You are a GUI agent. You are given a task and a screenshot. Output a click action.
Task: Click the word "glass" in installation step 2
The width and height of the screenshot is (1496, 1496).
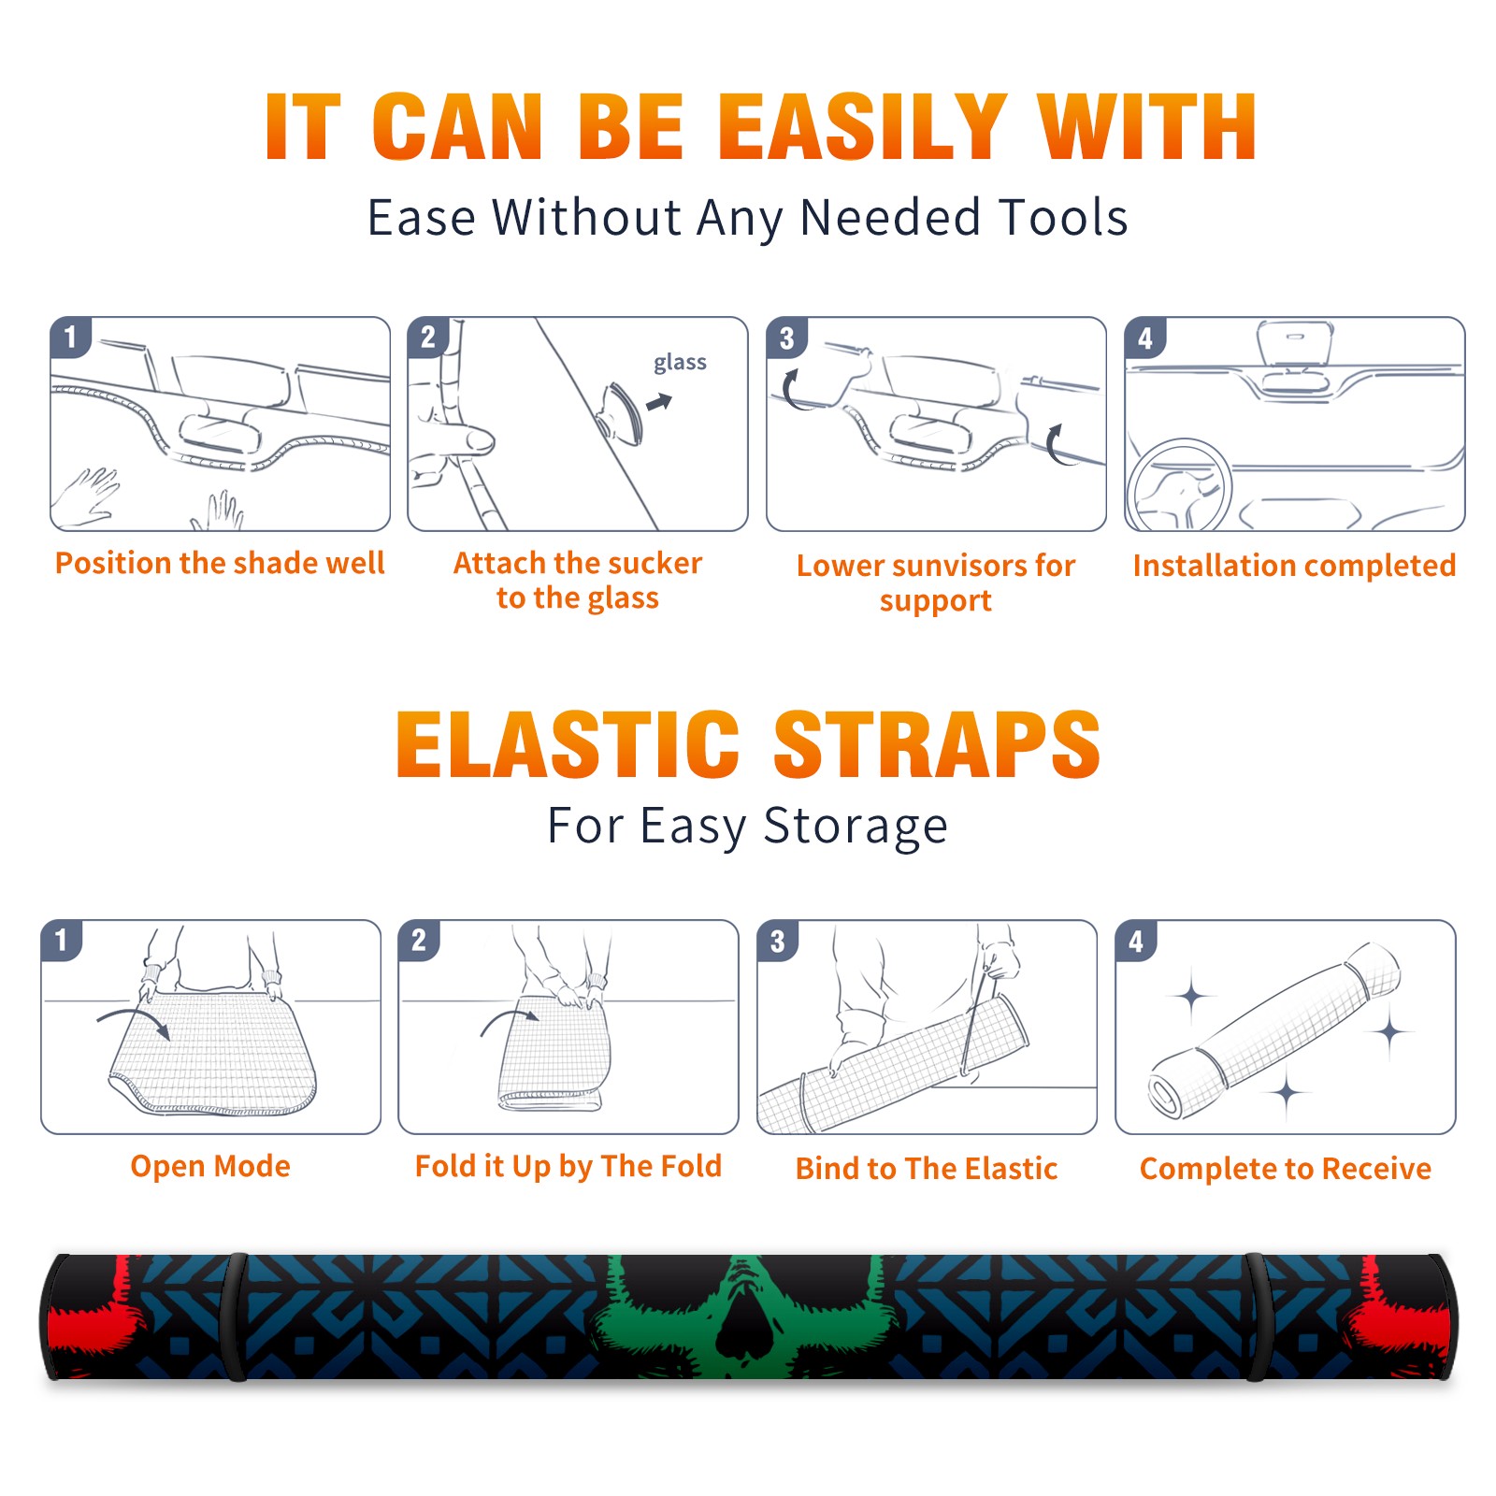pos(680,363)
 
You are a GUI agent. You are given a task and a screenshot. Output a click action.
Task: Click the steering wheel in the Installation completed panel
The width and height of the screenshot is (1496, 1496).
pos(1179,486)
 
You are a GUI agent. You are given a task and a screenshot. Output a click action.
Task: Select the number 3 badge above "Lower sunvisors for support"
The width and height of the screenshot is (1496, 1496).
pos(786,338)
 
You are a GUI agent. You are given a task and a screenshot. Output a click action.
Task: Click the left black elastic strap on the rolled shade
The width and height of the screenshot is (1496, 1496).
pos(236,1316)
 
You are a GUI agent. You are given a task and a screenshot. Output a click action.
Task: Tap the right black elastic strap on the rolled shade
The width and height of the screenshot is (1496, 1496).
pos(1257,1316)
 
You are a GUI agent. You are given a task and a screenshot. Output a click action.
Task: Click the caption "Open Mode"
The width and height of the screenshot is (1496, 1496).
pos(210,1166)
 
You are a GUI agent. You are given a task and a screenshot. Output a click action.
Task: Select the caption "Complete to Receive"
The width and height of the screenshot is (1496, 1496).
pos(1286,1170)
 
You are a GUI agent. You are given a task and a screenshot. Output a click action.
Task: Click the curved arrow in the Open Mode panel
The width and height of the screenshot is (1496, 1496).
pos(134,1020)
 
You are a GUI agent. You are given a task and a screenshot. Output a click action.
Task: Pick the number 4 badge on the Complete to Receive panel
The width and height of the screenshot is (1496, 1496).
pos(1136,941)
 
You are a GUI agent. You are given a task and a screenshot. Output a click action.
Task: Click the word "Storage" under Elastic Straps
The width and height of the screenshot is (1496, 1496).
pos(856,827)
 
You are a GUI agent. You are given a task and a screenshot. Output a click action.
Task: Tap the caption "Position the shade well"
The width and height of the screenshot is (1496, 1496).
pos(220,563)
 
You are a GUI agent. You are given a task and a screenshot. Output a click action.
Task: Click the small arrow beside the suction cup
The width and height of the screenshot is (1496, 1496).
pos(659,402)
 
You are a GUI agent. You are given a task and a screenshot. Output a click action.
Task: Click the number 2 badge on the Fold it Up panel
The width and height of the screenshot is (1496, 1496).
pos(419,941)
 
